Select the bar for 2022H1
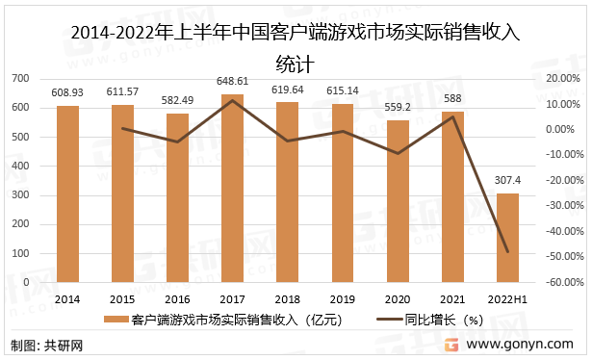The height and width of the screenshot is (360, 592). tap(507, 238)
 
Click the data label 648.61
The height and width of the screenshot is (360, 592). tap(232, 82)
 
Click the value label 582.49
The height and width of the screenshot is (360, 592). tap(177, 101)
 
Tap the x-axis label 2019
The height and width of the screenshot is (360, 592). tap(343, 298)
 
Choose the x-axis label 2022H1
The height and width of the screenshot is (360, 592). tap(507, 298)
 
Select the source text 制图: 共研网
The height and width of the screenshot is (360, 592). tap(43, 345)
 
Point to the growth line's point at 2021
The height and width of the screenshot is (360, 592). tap(452, 117)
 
